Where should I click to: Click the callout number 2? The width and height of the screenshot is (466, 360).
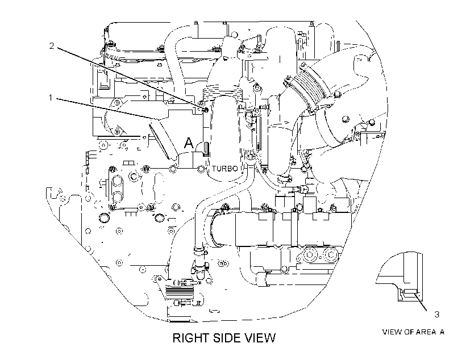pyautogui.click(x=52, y=46)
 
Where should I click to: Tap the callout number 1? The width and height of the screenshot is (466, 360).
pyautogui.click(x=51, y=98)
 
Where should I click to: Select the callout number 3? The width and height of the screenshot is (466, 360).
pyautogui.click(x=436, y=314)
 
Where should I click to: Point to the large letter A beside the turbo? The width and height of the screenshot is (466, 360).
pyautogui.click(x=189, y=143)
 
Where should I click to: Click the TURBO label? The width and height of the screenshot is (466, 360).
pyautogui.click(x=225, y=169)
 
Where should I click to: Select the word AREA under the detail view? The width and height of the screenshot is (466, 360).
pyautogui.click(x=426, y=332)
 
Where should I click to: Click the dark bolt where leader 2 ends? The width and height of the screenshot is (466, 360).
pyautogui.click(x=205, y=111)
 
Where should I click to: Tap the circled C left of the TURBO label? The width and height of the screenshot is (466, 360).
pyautogui.click(x=134, y=177)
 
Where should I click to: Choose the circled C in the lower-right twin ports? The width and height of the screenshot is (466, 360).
pyautogui.click(x=330, y=254)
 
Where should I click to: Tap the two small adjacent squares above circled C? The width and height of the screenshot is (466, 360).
pyautogui.click(x=127, y=163)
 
